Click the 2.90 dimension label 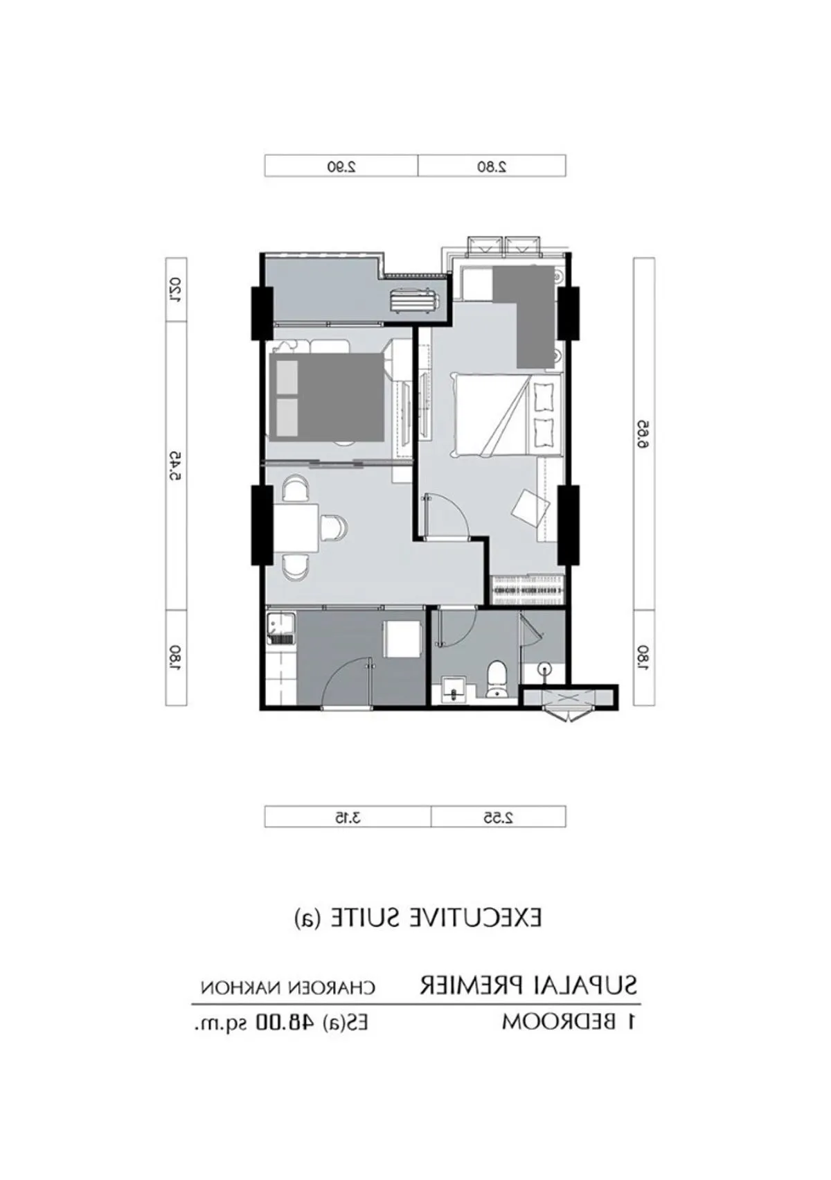[x=341, y=167]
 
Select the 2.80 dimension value [x=492, y=167]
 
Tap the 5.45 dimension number [x=177, y=466]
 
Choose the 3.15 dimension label [x=348, y=817]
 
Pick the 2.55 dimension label [x=499, y=817]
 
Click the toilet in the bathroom [x=496, y=680]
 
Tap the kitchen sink [x=280, y=629]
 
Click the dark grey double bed [x=326, y=396]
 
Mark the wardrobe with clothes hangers [x=526, y=589]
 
